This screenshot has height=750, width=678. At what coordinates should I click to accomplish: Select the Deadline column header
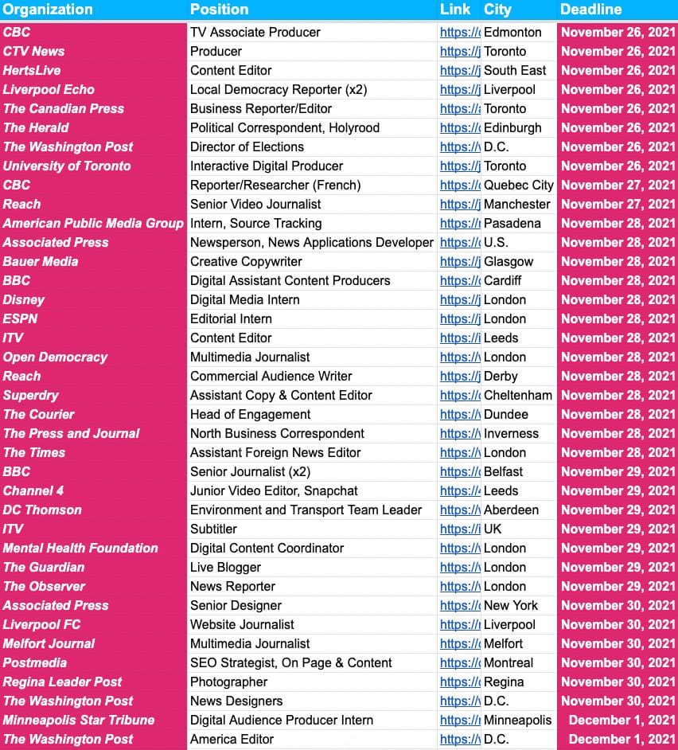click(x=590, y=10)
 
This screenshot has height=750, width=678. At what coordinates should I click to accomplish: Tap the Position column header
click(x=220, y=10)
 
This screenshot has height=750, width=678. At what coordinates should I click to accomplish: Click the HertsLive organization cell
click(x=32, y=70)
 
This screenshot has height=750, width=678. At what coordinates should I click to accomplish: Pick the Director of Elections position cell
click(x=247, y=146)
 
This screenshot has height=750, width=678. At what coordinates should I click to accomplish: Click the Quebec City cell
click(x=518, y=185)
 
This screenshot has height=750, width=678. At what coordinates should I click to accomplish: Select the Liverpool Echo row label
click(x=49, y=89)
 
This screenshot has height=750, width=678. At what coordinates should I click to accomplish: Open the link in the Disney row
click(x=460, y=299)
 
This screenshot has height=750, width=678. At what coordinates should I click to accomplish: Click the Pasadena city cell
click(x=512, y=223)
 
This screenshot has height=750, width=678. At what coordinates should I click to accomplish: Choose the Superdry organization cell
click(x=31, y=395)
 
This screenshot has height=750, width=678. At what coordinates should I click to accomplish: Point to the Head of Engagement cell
click(x=250, y=414)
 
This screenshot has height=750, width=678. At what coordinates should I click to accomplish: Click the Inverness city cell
click(x=511, y=433)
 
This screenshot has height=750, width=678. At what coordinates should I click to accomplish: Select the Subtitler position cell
click(x=213, y=529)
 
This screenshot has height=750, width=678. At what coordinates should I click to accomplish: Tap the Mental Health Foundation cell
click(x=80, y=548)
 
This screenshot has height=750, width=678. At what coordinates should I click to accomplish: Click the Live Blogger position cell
click(x=225, y=567)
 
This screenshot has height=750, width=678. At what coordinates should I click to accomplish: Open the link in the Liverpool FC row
click(x=460, y=624)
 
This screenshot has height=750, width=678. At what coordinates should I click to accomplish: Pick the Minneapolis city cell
click(x=517, y=720)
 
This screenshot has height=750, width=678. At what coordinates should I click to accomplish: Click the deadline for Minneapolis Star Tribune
click(x=621, y=720)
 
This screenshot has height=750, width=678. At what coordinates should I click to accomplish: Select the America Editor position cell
click(x=232, y=739)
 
